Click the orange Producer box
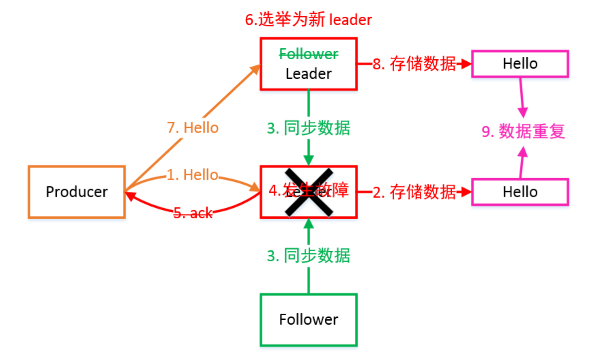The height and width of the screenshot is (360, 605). tap(76, 192)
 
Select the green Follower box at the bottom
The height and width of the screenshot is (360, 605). tap(308, 320)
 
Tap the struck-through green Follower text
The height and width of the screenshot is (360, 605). tap(308, 54)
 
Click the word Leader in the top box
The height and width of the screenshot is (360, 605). tap(308, 74)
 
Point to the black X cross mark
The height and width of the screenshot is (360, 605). tap(309, 192)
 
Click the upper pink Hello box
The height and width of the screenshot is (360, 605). tap(520, 64)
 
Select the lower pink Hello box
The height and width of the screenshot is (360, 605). tap(520, 192)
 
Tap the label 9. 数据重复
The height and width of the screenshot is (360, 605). tap(523, 132)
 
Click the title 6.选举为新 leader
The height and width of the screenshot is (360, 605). tap(308, 20)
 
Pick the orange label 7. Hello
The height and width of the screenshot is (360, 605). tap(193, 128)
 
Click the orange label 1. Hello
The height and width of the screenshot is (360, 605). tap(193, 175)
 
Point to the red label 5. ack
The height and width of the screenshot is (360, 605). tap(193, 213)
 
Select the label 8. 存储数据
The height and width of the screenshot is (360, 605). tap(414, 64)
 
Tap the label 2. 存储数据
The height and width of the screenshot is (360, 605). tap(414, 192)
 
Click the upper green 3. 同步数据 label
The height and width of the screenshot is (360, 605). tap(308, 128)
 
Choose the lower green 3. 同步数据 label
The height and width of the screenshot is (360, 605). tap(308, 256)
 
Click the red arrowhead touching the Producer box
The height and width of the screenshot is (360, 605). tap(130, 196)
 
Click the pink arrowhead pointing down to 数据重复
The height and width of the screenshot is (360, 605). tap(523, 112)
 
